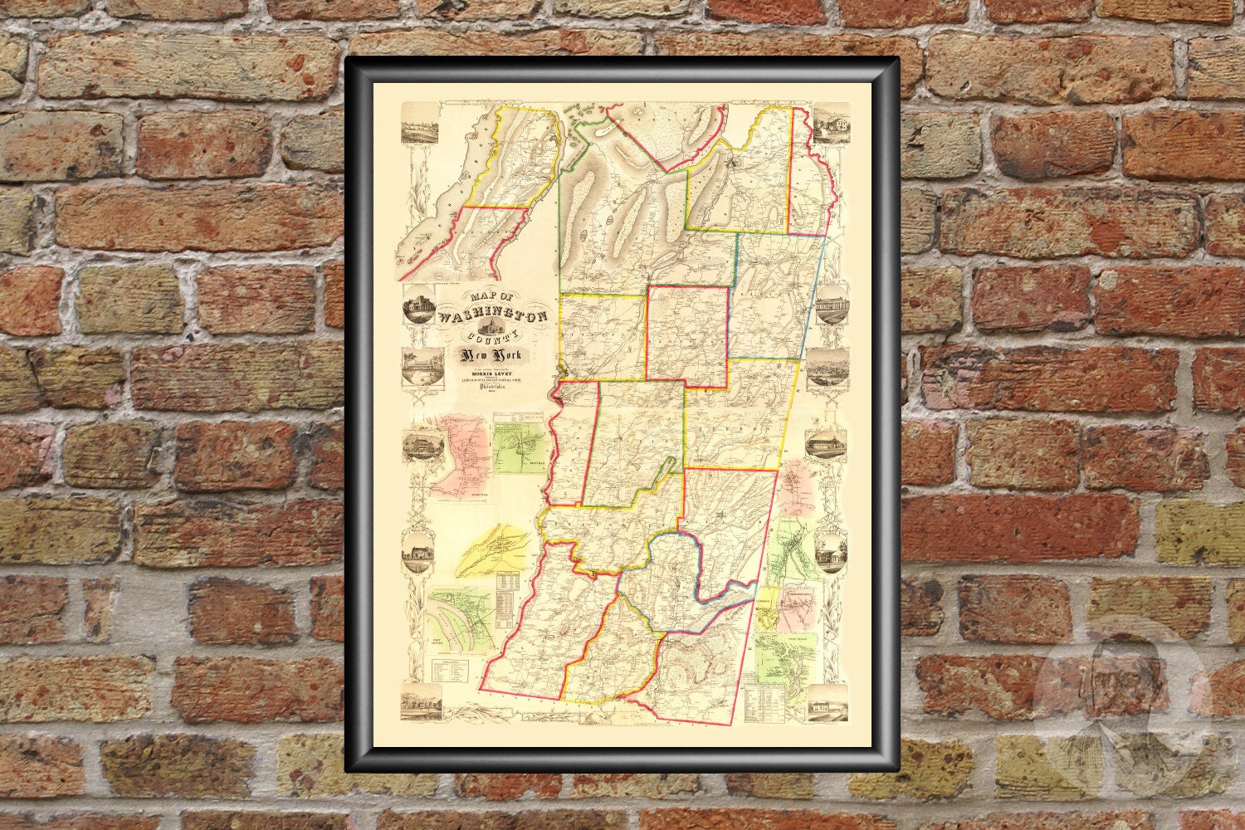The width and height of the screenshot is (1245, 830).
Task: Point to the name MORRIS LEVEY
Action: (x=485, y=373)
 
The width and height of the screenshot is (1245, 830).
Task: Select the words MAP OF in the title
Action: (x=485, y=298)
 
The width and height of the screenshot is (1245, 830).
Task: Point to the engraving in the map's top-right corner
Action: (x=831, y=123)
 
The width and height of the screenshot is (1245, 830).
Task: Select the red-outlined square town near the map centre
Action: (x=688, y=336)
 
